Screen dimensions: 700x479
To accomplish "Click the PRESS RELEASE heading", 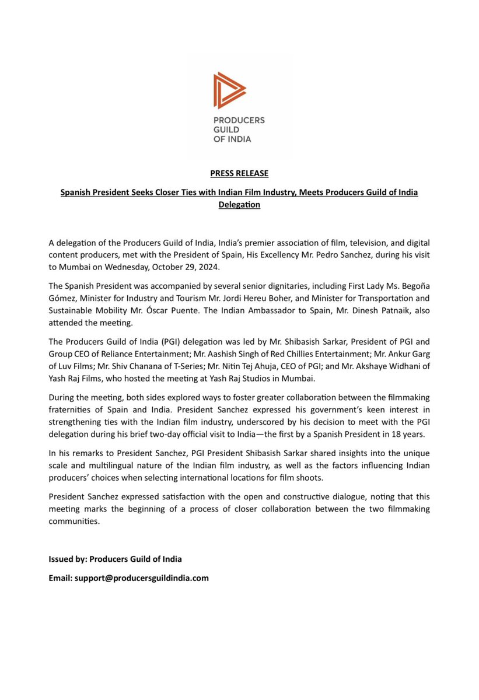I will (x=239, y=173).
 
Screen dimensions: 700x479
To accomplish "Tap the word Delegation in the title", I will (x=239, y=205).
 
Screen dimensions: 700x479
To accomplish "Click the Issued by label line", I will (x=115, y=559).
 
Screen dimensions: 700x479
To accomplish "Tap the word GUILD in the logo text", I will (x=226, y=129).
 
